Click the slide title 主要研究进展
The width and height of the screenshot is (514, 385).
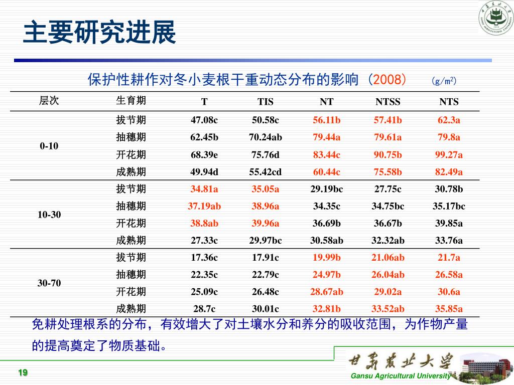click(x=100, y=33)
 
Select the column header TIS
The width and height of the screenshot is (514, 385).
click(x=266, y=102)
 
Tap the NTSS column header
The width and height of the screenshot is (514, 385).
click(x=388, y=102)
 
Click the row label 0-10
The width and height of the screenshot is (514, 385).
click(x=49, y=146)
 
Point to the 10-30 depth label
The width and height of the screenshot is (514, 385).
click(x=49, y=215)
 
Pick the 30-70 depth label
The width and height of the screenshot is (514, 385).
click(x=49, y=283)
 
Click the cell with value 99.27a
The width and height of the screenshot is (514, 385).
click(x=449, y=154)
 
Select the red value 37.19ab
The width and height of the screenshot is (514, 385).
click(x=204, y=206)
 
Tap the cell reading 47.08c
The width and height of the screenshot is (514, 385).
click(x=204, y=120)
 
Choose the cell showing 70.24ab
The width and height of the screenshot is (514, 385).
click(x=266, y=137)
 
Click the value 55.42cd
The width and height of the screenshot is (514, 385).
click(x=266, y=172)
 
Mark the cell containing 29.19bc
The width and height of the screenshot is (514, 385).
click(x=327, y=189)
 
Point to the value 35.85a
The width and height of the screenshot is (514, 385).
click(x=449, y=308)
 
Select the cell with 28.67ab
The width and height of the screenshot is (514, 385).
click(x=327, y=291)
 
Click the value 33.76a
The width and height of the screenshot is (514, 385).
click(x=449, y=240)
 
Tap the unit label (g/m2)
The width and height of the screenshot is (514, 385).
click(x=443, y=81)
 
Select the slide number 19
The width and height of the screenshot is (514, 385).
click(x=23, y=372)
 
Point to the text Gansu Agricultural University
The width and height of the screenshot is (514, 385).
click(x=401, y=376)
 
